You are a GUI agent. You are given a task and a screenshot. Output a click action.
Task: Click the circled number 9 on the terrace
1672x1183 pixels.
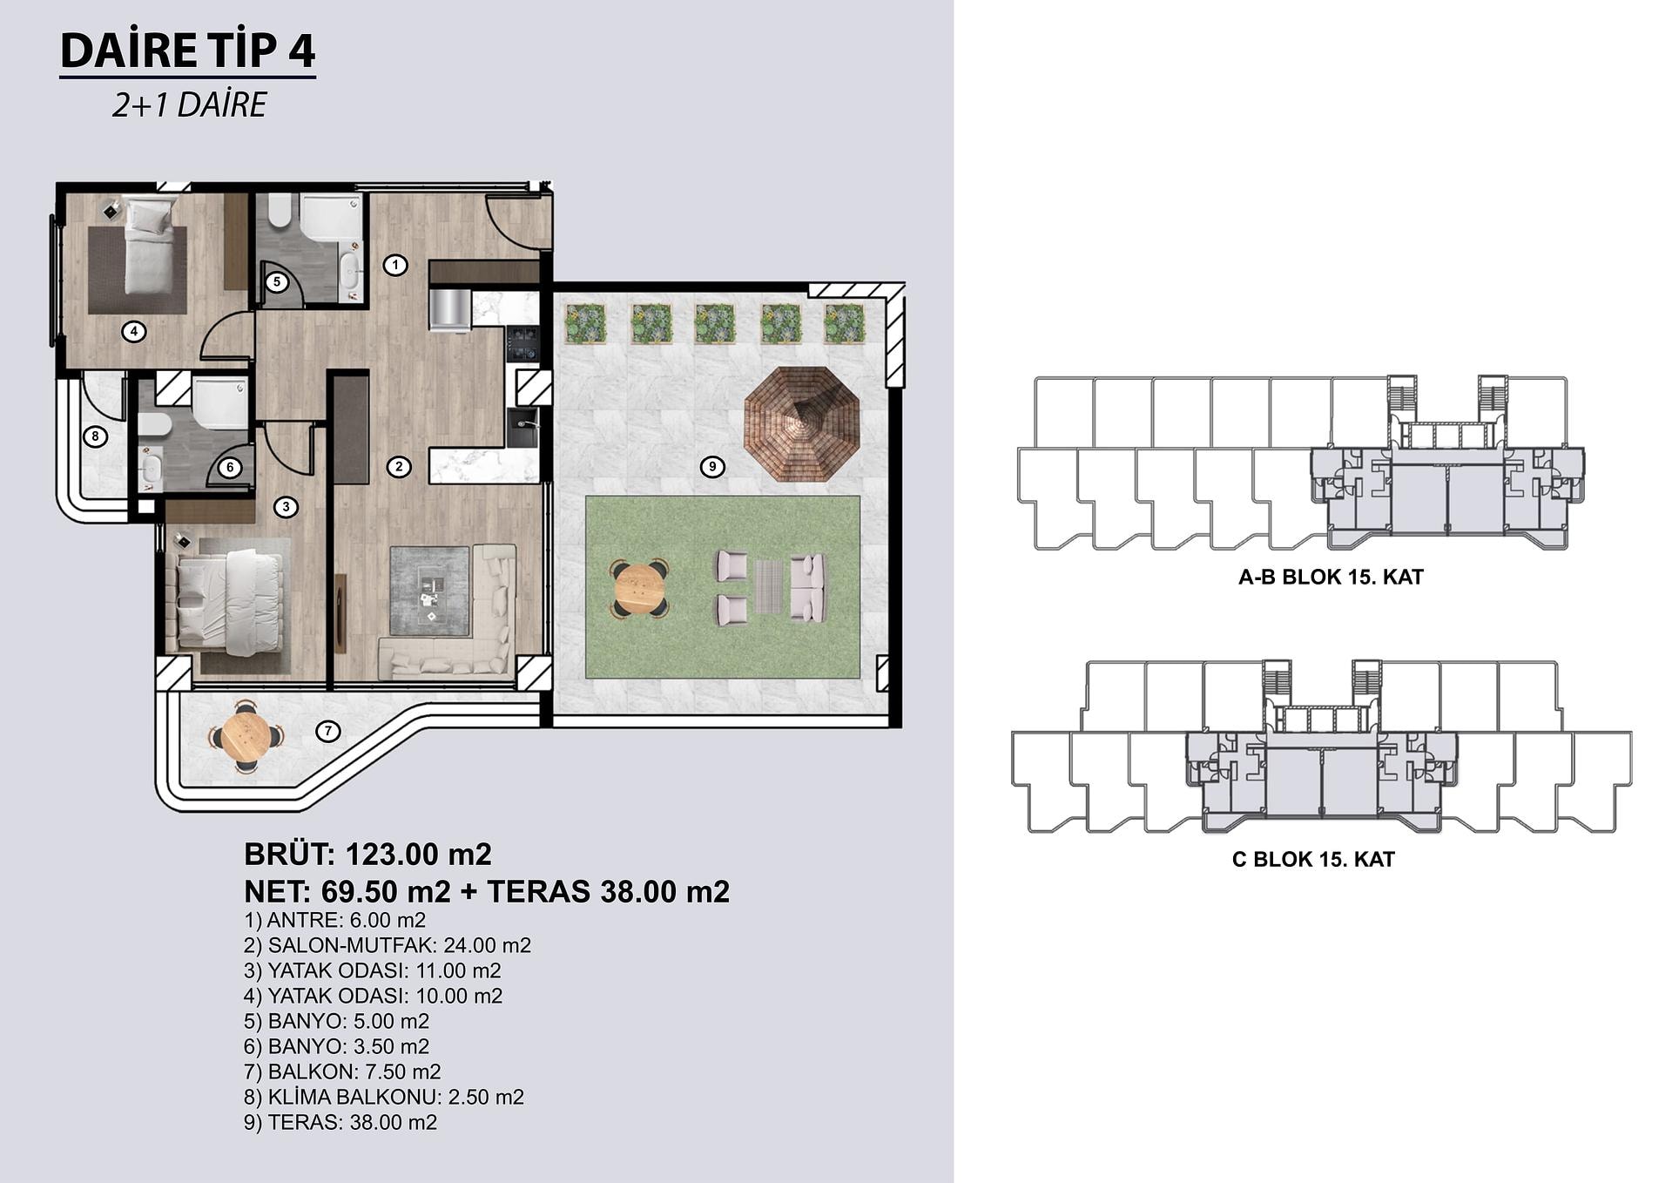(x=712, y=467)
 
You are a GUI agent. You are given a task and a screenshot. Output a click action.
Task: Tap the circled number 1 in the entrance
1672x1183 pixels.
(x=395, y=265)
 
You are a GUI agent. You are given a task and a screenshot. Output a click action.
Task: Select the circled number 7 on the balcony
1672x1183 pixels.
(x=327, y=731)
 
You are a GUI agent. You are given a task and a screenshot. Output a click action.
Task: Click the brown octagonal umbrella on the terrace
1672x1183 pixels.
(x=801, y=424)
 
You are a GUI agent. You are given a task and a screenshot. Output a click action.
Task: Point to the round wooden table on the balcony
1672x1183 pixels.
(x=246, y=737)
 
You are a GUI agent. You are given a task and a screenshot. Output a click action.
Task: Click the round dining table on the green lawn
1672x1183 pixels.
(x=639, y=589)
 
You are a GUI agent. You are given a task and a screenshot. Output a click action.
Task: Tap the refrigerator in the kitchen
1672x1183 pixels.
(x=449, y=310)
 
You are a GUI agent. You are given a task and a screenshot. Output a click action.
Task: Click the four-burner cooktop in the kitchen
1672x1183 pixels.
(x=523, y=343)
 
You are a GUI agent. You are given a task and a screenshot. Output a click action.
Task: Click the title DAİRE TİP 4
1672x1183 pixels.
(x=187, y=51)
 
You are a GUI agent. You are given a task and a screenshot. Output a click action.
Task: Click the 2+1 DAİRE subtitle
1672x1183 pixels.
(x=189, y=105)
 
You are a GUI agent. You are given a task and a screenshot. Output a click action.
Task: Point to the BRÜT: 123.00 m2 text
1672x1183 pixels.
(x=367, y=854)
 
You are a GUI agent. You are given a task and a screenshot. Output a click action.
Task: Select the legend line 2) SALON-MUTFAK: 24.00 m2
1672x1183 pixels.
(x=388, y=945)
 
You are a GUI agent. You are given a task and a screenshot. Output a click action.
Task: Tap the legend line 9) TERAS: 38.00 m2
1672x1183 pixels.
(x=340, y=1122)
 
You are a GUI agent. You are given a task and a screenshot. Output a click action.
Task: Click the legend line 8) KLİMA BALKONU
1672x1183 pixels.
(x=384, y=1097)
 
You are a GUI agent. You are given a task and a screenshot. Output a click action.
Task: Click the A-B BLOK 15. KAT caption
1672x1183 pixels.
(x=1331, y=577)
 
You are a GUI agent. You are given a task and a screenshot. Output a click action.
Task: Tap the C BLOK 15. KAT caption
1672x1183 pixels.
(x=1313, y=859)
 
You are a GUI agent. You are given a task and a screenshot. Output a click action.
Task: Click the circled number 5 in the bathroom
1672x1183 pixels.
(x=276, y=281)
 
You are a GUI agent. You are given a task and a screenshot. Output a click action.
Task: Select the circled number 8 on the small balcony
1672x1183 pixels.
(x=95, y=436)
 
